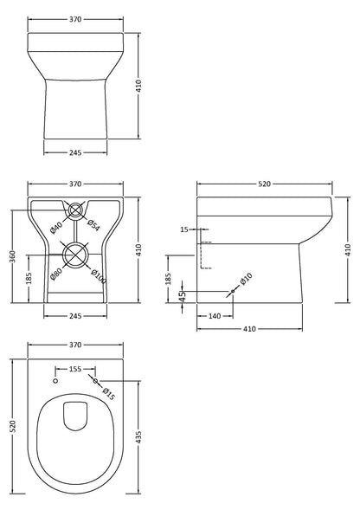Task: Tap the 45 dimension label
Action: click(182, 296)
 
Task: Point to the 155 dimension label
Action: click(75, 369)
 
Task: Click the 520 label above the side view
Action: click(265, 184)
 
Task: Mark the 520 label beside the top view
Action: click(11, 426)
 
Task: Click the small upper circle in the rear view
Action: click(75, 209)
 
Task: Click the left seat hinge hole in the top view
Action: click(55, 381)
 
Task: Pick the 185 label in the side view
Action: click(169, 279)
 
